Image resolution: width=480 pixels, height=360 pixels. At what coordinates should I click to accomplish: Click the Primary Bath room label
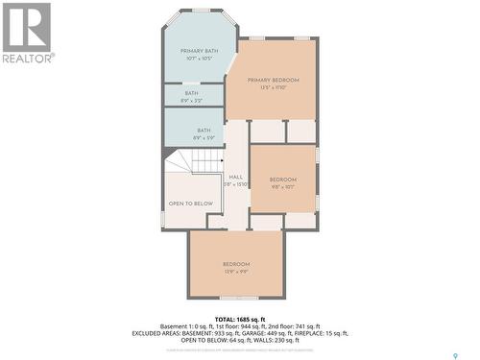200,51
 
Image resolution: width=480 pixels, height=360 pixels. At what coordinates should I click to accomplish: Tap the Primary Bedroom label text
274,80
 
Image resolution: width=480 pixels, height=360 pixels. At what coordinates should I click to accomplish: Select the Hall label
235,177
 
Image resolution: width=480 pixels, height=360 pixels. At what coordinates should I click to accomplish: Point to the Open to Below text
190,204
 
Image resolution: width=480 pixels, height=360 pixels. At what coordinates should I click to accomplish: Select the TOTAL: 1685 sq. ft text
239,318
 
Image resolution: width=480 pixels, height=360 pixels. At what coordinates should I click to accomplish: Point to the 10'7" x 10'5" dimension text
200,59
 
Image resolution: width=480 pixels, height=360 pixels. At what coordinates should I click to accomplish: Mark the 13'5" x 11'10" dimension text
274,87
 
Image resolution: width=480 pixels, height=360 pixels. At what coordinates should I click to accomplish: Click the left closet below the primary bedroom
267,131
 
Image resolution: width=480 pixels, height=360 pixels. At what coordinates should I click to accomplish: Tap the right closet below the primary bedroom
301,131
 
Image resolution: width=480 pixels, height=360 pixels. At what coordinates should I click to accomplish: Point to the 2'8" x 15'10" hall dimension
235,183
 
